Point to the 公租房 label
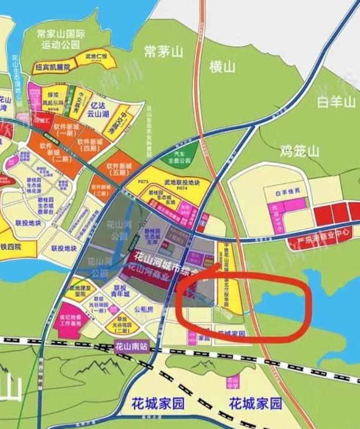click(x=144, y=308)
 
